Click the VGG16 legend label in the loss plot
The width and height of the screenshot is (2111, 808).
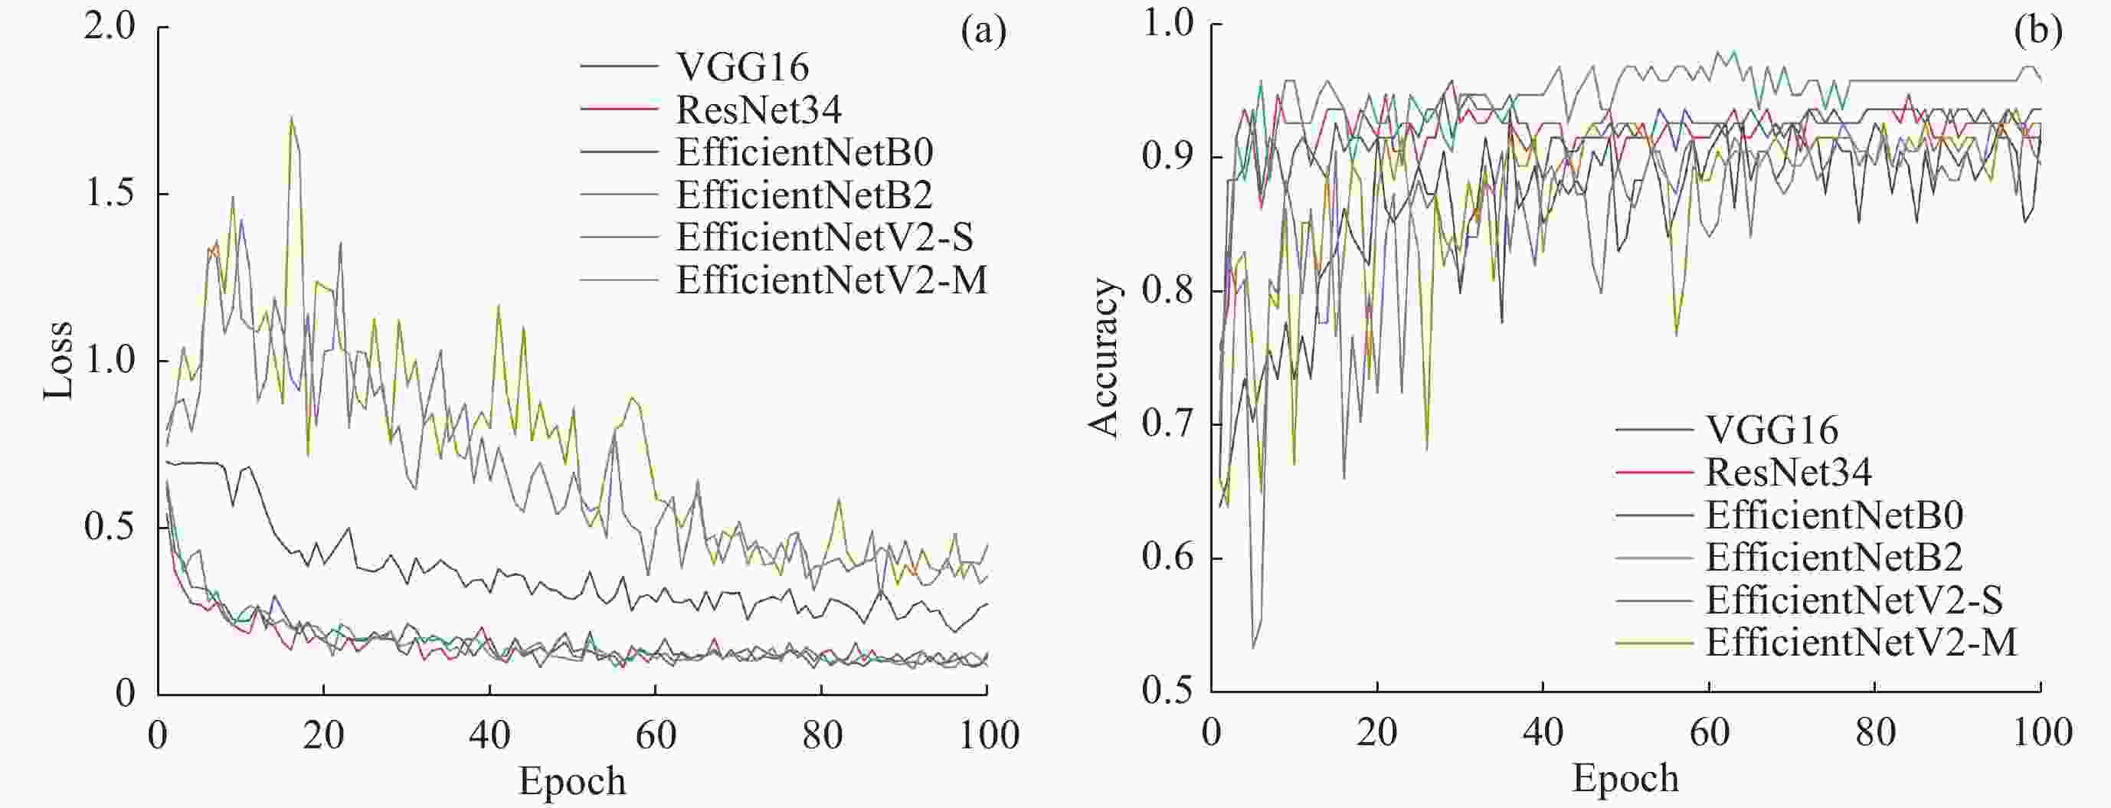(x=742, y=67)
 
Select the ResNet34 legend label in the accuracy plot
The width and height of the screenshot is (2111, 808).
(x=1789, y=472)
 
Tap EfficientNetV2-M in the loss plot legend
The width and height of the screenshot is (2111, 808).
(x=832, y=280)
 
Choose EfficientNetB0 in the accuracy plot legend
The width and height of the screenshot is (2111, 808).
(x=1834, y=515)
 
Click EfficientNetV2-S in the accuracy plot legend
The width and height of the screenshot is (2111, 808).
(x=1854, y=600)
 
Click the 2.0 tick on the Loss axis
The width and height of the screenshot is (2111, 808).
(x=109, y=27)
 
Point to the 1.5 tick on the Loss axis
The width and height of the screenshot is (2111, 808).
(x=109, y=194)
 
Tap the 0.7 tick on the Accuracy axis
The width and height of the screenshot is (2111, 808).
(x=1169, y=424)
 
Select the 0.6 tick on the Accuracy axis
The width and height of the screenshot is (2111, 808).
(x=1169, y=558)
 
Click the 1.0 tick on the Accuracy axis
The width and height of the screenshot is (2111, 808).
(x=1169, y=24)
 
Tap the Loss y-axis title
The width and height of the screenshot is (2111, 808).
(x=59, y=361)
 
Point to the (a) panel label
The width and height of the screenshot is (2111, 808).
(x=983, y=33)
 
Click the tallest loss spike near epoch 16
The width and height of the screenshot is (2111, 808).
(x=291, y=119)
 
